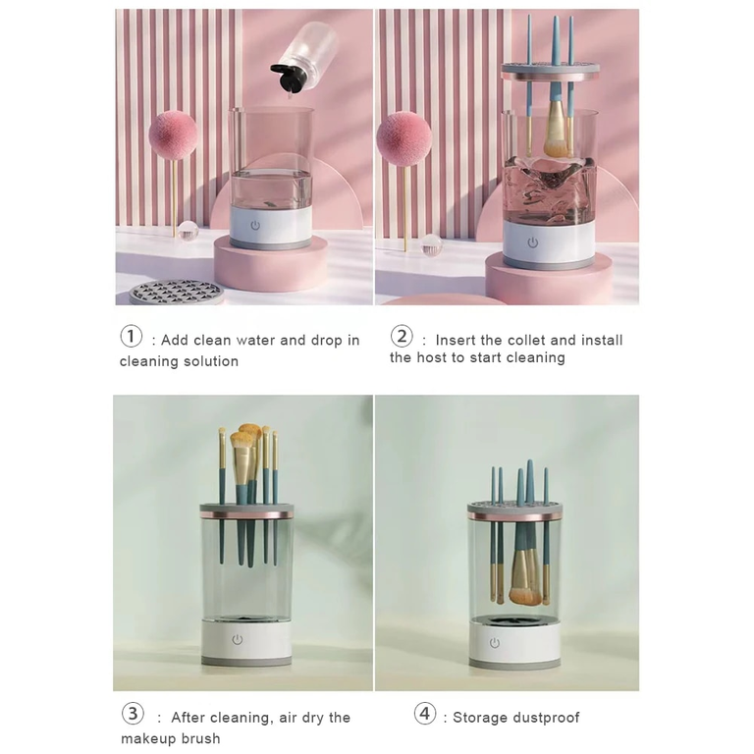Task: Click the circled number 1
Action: (132, 337)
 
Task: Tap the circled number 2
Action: (402, 337)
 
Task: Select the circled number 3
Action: (133, 714)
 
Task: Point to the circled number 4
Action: (425, 714)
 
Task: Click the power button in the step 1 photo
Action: (255, 225)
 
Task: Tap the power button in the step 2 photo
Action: (533, 242)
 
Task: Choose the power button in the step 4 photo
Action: (495, 642)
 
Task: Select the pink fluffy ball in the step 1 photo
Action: (173, 135)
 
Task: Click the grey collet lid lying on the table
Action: (177, 292)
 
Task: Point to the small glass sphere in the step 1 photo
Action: (188, 232)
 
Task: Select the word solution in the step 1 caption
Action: (208, 361)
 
